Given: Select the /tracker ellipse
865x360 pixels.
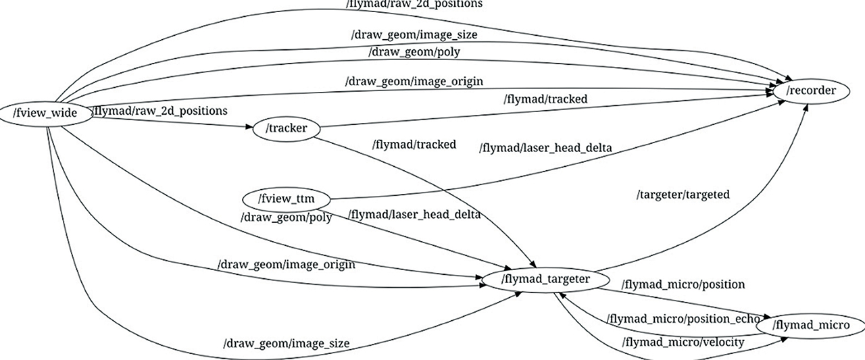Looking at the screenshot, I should point(285,128).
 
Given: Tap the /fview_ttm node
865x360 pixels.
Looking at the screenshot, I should point(287,200).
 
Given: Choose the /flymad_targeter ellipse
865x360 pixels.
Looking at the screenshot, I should point(545,279).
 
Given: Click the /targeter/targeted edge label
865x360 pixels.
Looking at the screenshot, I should point(683,195).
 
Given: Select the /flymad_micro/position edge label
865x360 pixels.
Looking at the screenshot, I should point(683,284).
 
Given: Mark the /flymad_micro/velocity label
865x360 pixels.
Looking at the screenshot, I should point(683,342).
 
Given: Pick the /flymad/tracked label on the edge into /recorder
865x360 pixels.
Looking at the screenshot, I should point(545,99).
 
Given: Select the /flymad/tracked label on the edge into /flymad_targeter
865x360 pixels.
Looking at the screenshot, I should point(414,144).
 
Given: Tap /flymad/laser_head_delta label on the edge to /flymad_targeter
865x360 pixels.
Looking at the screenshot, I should point(414,215).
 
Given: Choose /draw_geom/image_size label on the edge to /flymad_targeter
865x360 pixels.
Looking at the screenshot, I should point(286,344).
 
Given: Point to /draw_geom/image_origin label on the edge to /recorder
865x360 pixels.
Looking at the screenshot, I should point(414,82).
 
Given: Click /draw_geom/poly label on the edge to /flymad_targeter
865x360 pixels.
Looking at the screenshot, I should point(287,218).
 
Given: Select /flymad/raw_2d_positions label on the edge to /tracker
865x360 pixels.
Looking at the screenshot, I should point(159,111).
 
